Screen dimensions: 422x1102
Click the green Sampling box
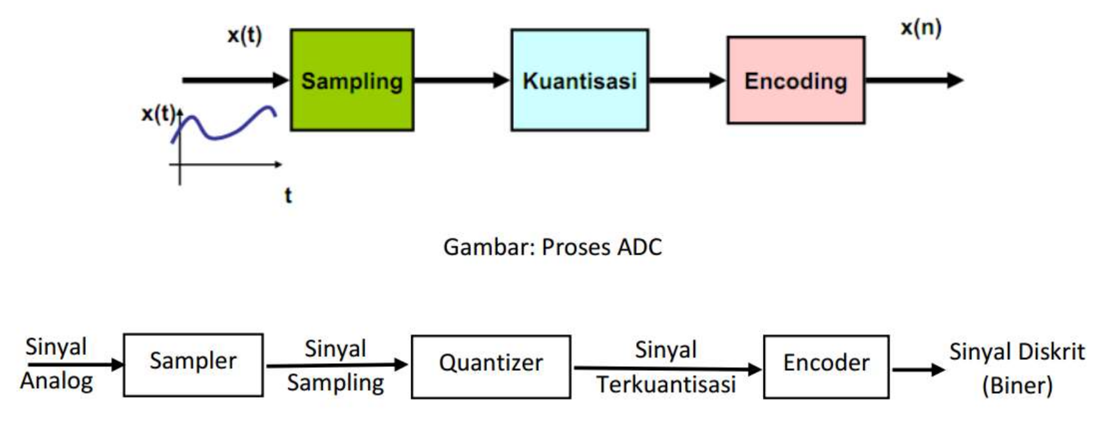pos(352,80)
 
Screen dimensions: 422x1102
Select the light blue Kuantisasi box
pos(579,80)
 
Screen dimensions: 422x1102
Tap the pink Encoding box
pos(795,80)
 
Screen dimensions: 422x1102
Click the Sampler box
pos(193,364)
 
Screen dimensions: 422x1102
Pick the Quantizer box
pos(491,366)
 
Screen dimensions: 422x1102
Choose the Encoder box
pos(826,366)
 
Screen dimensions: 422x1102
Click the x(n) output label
pos(921,28)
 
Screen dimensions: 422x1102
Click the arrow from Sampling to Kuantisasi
pos(461,80)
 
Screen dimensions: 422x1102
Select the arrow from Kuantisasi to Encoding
pos(687,80)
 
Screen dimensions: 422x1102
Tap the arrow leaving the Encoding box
pos(913,80)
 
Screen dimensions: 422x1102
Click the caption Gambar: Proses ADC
pos(552,247)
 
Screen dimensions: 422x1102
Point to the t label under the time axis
pos(288,195)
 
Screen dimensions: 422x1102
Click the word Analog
pos(56,381)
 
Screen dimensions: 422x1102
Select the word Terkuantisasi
pos(666,385)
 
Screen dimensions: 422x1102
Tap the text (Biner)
pos(1017,385)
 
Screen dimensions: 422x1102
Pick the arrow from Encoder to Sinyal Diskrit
pos(917,369)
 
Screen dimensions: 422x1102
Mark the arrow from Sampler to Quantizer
pos(336,365)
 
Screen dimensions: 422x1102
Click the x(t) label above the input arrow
pos(245,35)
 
